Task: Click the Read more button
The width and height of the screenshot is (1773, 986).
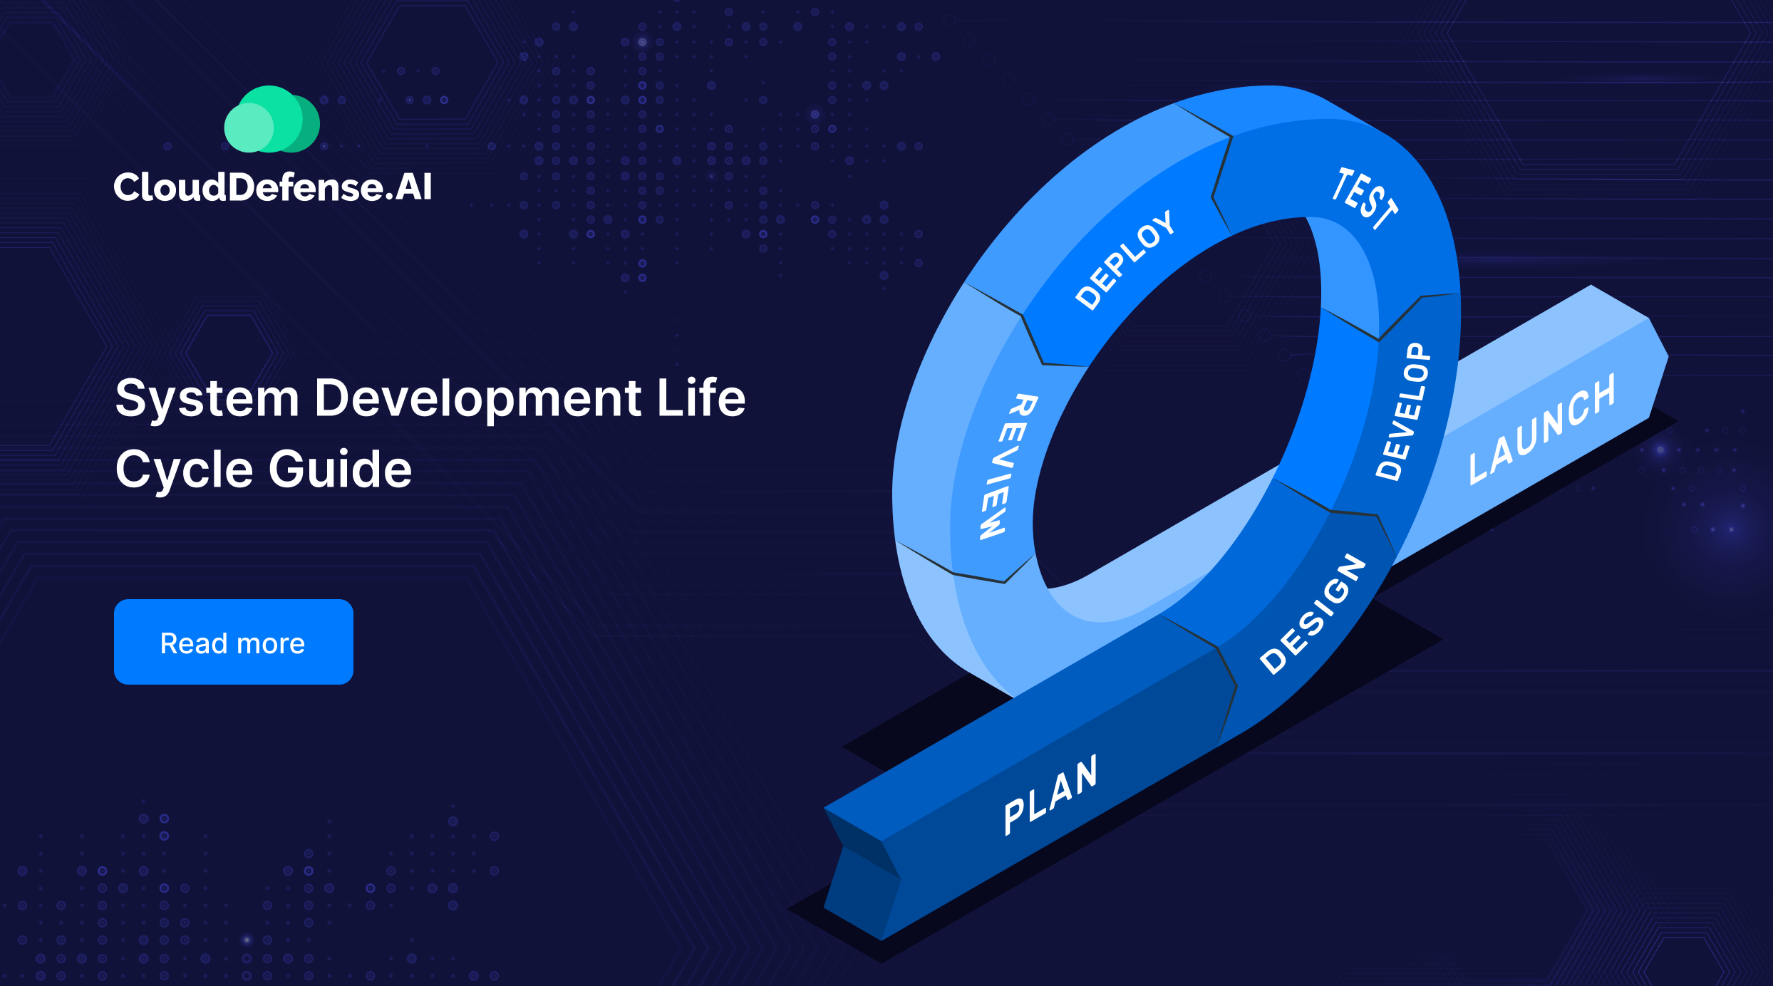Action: (233, 642)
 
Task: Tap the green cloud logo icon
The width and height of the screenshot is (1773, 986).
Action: (272, 120)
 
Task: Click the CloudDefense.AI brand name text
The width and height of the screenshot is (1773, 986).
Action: (273, 187)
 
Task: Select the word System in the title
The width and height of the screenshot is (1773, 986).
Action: (207, 399)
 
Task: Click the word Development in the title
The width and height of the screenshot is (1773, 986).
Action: (477, 399)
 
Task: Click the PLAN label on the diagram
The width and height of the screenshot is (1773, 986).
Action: (1050, 794)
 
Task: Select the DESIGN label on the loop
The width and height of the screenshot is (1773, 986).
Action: (1313, 614)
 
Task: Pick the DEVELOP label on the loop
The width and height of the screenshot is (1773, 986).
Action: (1402, 412)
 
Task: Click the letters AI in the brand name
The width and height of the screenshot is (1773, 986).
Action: (413, 187)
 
